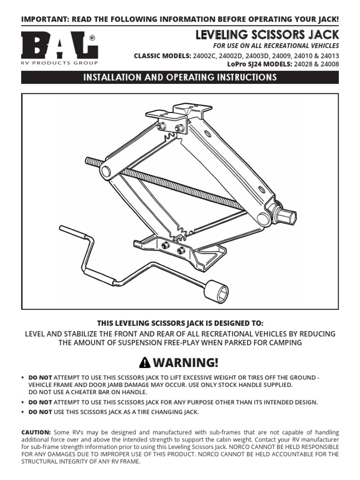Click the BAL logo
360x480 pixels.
tap(59, 45)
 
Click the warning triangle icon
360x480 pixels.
tap(145, 362)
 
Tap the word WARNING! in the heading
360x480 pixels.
tap(186, 362)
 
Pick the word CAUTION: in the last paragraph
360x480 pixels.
tap(36, 432)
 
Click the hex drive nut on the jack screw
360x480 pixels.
tap(286, 217)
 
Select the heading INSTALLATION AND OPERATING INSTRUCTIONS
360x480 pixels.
tap(180, 77)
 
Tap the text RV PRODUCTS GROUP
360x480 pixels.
tap(60, 62)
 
